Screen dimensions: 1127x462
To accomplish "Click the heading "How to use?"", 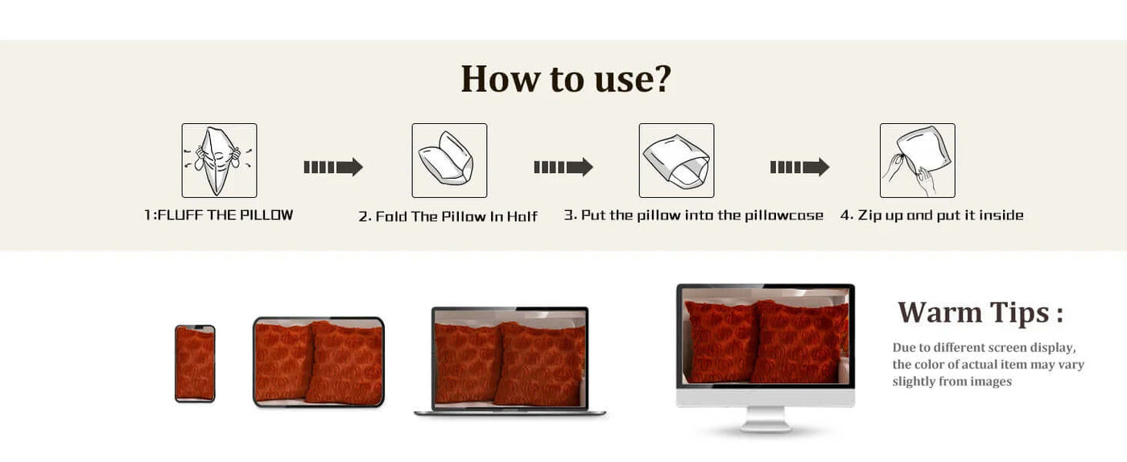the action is [566, 79].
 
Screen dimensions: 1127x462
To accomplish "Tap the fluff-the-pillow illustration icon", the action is [219, 160].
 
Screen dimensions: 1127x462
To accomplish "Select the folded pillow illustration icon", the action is [449, 160].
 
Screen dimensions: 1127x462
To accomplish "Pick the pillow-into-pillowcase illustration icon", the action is [677, 160].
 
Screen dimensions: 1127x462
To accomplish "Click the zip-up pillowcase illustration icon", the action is [917, 160].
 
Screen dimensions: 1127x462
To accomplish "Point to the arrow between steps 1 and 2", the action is [333, 167].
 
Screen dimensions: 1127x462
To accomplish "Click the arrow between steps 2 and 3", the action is [563, 167].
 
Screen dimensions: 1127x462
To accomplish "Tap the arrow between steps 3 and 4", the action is [800, 167].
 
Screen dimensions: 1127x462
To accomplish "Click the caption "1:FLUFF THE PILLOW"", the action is [219, 216].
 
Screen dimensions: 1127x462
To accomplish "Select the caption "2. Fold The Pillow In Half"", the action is [448, 217].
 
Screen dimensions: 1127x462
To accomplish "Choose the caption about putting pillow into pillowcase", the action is [693, 216].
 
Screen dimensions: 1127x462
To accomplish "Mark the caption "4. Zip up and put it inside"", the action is [932, 216].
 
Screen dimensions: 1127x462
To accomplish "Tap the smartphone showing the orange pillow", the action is [195, 363].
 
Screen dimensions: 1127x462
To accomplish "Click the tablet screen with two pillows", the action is [319, 362].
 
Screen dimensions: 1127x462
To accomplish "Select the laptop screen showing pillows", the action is [510, 358].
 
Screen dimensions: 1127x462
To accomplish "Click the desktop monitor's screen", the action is [766, 336].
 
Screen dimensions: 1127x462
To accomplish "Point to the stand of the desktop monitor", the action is [766, 419].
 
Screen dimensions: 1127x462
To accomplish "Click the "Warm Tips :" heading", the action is [980, 312].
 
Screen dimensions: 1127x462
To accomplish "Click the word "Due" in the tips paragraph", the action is [903, 348].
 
